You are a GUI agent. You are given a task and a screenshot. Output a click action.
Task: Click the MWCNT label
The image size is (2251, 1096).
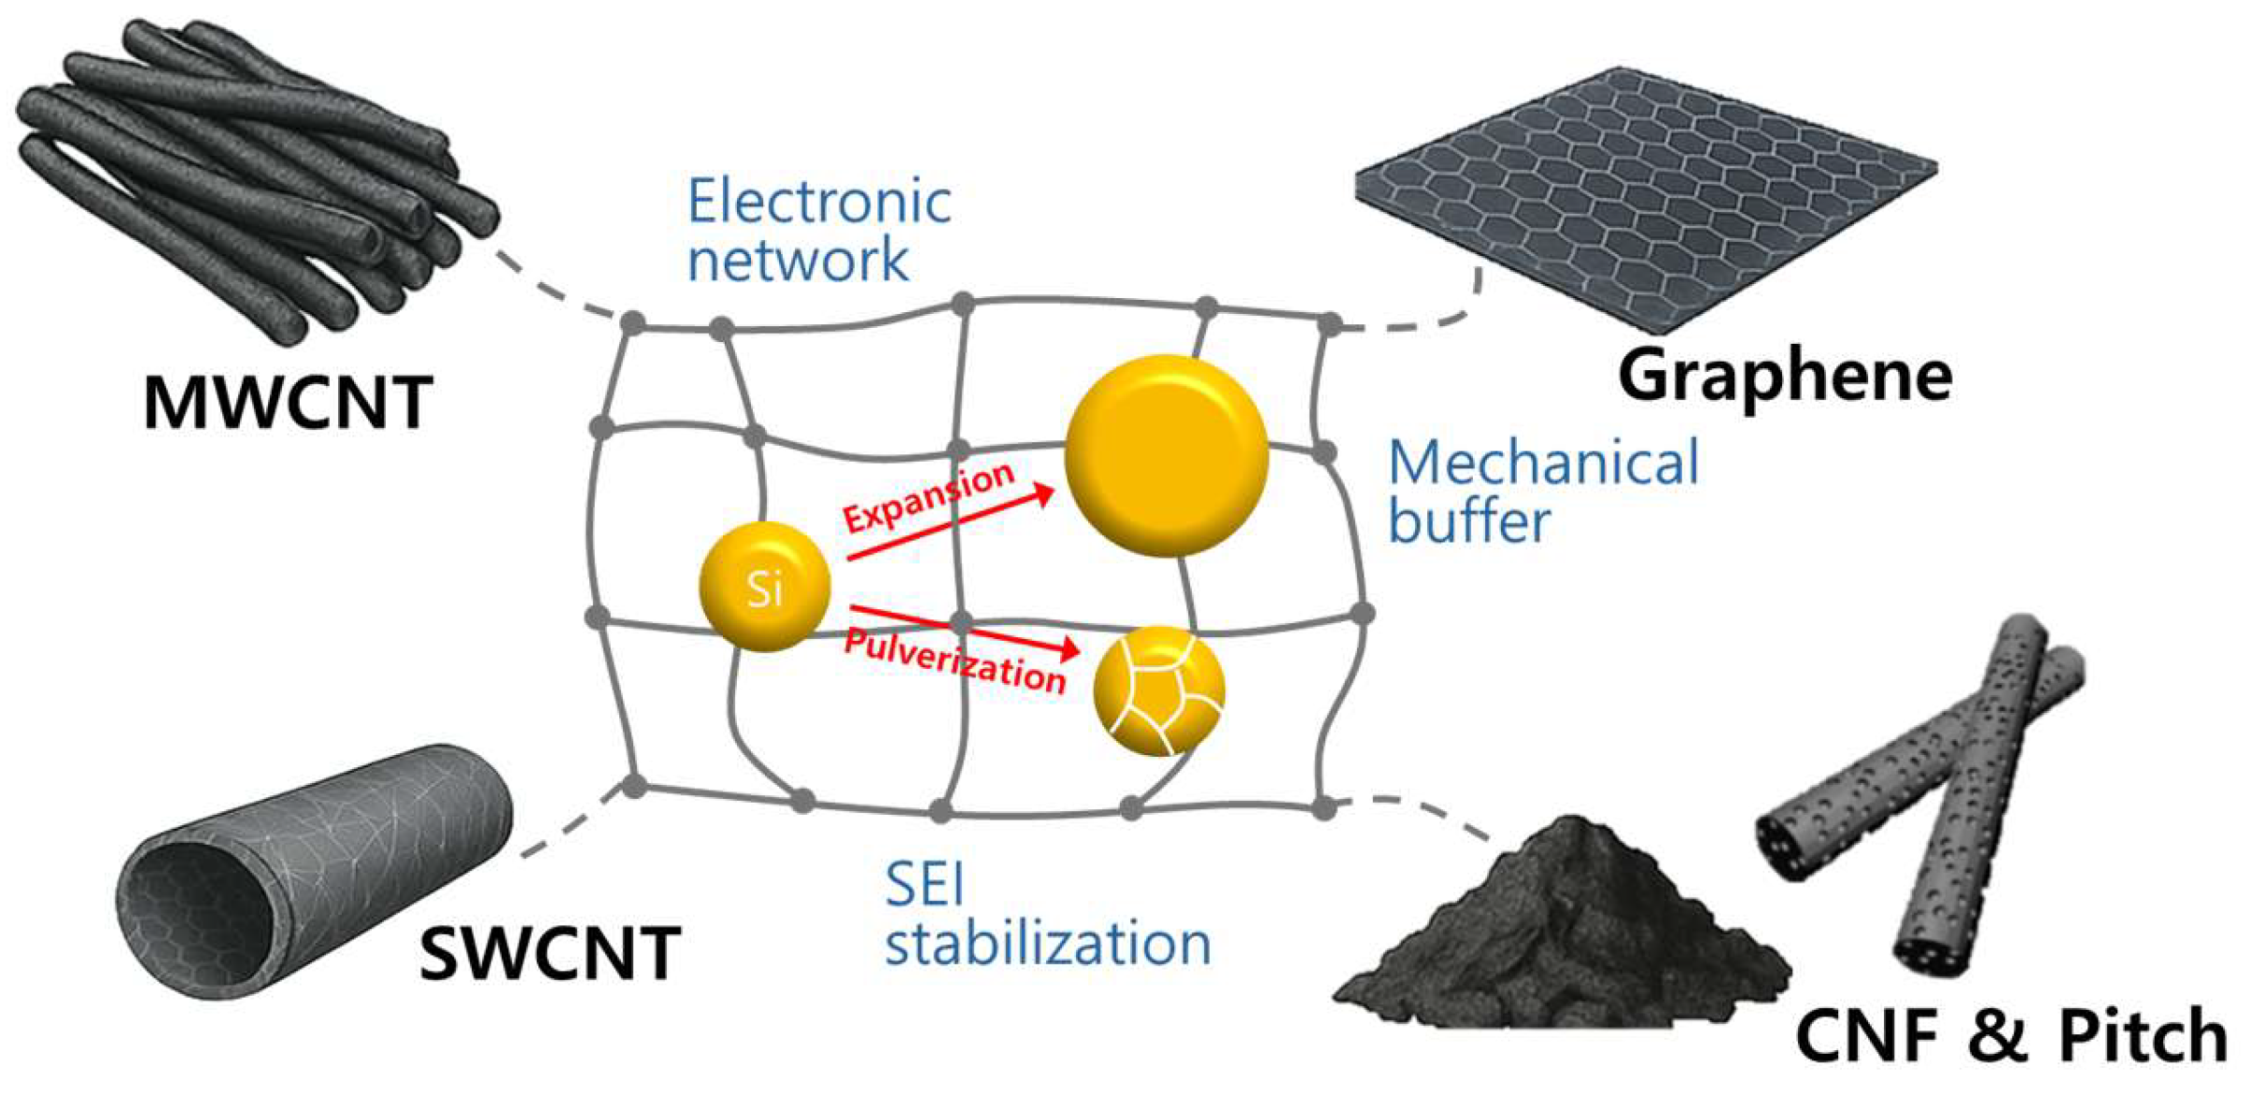point(288,402)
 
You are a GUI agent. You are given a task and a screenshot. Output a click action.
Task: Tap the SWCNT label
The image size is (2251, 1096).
point(550,952)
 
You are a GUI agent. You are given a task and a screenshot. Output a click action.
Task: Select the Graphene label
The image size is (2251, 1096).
point(1784,376)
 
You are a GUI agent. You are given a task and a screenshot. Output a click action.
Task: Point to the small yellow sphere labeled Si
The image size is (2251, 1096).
point(764,587)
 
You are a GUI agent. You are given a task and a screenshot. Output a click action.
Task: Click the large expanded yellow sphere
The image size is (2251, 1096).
point(1166,456)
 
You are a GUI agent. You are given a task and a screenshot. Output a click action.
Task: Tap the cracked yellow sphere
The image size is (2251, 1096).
point(1159,690)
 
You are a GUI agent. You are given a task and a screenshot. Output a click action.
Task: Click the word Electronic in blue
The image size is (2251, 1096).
point(819,201)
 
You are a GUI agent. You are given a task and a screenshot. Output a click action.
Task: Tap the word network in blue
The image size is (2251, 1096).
point(798,259)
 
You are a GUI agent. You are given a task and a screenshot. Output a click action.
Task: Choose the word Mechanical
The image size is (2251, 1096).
point(1543,463)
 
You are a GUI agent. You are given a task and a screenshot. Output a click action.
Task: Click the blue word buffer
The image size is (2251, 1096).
point(1469,520)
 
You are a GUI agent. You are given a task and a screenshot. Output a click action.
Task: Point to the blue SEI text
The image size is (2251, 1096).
point(924,883)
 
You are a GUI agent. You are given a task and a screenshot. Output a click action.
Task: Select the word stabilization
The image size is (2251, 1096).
point(1048,943)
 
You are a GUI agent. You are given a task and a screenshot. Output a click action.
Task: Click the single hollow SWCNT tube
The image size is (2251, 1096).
point(313,869)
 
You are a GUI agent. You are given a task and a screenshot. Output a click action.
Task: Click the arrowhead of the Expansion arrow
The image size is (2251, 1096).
point(1043,492)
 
